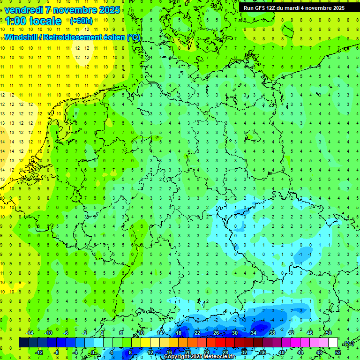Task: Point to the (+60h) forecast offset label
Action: tap(81, 21)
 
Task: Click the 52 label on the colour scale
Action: tap(338, 352)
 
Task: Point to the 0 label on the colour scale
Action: tap(94, 352)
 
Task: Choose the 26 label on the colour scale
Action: tap(216, 333)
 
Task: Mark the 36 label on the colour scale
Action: tap(263, 352)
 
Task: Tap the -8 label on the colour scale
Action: tap(57, 352)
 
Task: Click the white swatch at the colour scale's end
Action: tap(333, 343)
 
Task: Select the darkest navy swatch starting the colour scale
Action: tap(23, 343)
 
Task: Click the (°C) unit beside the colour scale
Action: tap(348, 343)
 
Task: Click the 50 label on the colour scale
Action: tap(329, 333)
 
